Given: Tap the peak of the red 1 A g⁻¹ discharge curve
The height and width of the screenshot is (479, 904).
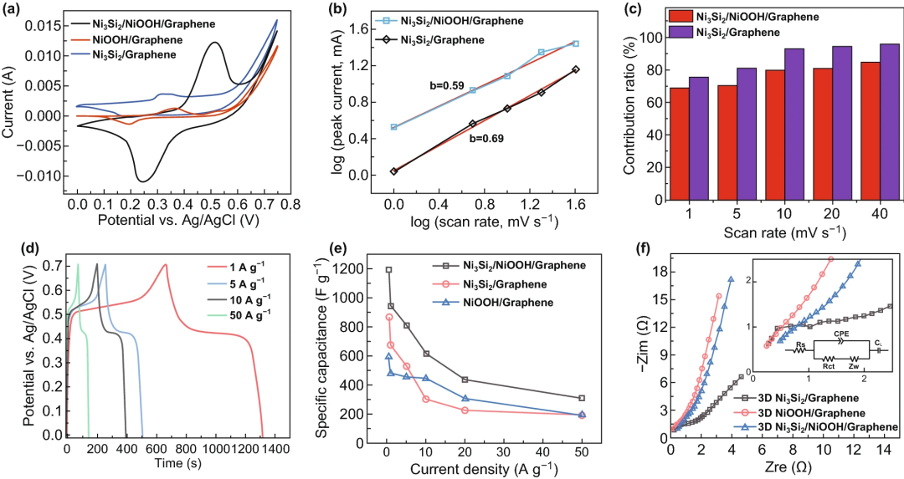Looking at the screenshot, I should point(165,264).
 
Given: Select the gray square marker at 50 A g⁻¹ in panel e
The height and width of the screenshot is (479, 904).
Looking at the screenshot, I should point(582,398).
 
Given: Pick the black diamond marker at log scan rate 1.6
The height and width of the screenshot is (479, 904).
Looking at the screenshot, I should point(575,69).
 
